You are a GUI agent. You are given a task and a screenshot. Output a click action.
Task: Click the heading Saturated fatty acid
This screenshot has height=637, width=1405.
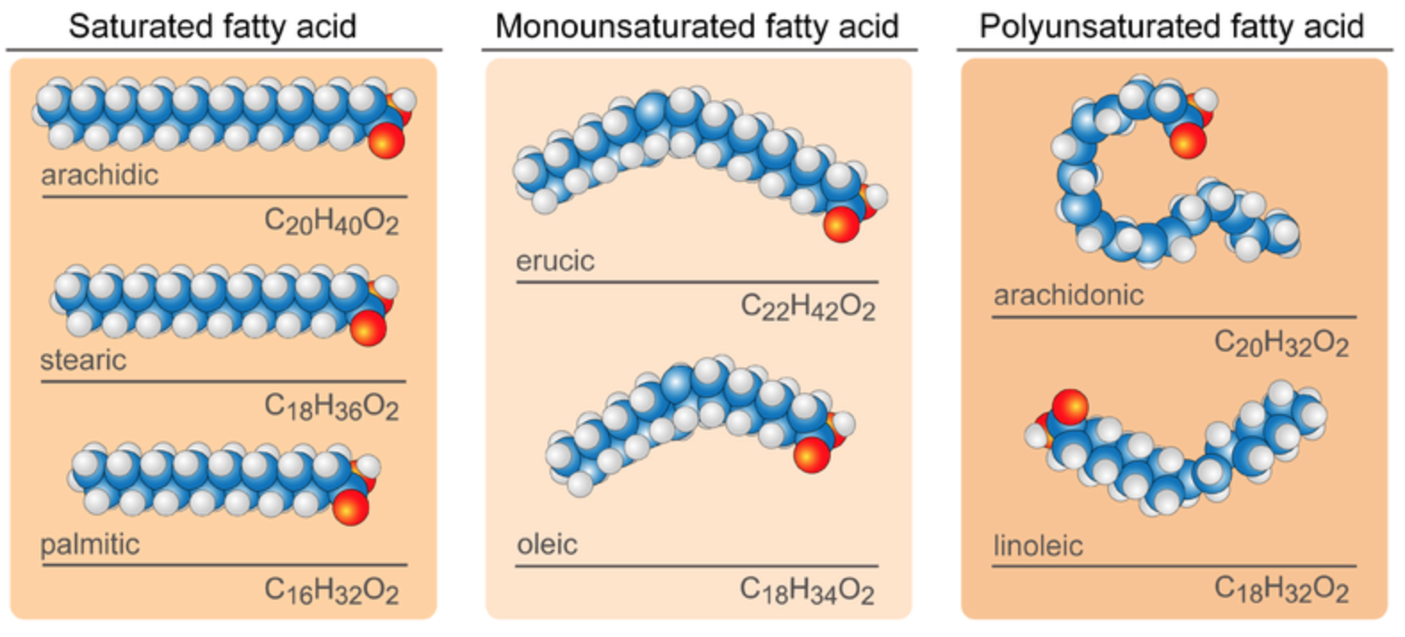[x=213, y=27]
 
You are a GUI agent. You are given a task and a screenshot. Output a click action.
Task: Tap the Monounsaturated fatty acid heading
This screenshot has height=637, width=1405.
[x=697, y=27]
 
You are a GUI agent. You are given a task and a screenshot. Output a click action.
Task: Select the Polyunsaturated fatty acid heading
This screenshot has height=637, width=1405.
[x=1171, y=27]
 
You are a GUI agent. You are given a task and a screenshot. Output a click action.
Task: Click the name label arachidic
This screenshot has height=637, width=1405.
[x=100, y=175]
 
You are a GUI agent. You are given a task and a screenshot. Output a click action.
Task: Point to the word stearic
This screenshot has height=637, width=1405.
[x=84, y=360]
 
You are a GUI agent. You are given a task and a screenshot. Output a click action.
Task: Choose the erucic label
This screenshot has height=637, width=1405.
[x=555, y=261]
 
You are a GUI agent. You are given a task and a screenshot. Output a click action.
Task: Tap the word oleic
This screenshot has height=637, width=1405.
[x=547, y=543]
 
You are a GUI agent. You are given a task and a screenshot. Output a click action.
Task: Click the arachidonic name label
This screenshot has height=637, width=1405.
[x=1069, y=295]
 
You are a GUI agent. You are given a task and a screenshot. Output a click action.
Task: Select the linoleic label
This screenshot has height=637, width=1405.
[x=1038, y=545]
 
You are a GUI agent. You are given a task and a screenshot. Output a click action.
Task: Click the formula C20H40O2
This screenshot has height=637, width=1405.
[x=332, y=222]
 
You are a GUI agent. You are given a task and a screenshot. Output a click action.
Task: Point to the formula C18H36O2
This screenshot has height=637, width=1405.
[x=332, y=407]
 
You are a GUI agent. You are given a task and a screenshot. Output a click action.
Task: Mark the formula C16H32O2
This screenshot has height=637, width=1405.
[x=332, y=591]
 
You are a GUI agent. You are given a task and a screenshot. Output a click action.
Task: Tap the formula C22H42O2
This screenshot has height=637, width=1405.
[x=808, y=308]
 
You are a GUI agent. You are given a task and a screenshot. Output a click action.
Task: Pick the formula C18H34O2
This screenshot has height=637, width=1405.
[x=807, y=591]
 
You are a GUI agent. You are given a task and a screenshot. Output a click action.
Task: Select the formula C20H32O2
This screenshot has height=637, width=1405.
[x=1281, y=343]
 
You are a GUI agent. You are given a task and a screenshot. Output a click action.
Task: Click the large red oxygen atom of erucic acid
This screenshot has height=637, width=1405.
[x=841, y=224]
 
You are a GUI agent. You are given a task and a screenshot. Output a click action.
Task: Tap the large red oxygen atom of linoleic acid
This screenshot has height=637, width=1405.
[x=1070, y=408]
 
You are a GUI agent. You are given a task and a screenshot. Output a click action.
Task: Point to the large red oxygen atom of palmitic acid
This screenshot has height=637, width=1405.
[x=350, y=507]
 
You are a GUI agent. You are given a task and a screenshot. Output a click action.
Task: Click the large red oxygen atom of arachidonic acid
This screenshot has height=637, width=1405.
[x=1187, y=140]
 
